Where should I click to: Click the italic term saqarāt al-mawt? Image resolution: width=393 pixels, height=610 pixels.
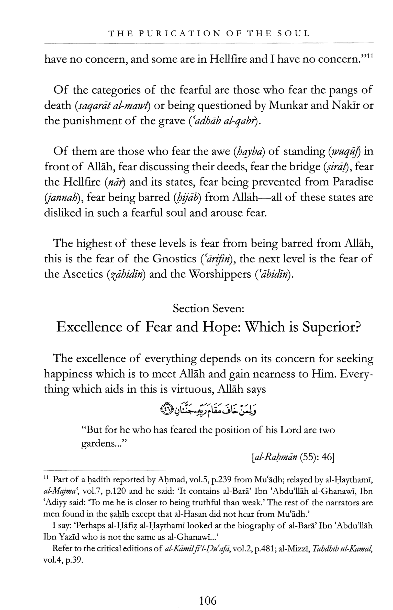(x=113, y=105)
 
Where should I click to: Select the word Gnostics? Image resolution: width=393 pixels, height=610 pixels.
(x=174, y=259)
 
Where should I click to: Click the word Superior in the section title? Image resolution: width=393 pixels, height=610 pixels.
(x=332, y=327)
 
